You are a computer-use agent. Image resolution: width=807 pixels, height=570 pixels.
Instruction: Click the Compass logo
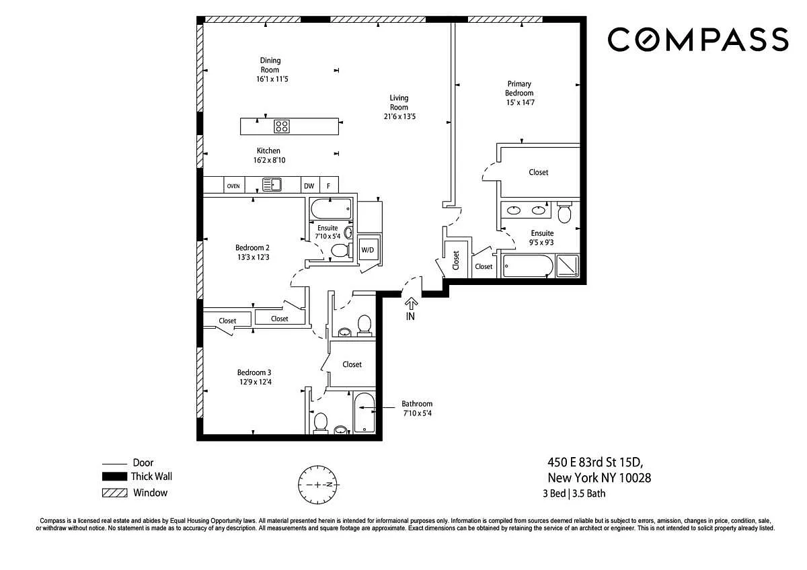[x=698, y=39]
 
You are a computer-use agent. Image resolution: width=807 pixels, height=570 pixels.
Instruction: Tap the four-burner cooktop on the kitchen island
[x=281, y=126]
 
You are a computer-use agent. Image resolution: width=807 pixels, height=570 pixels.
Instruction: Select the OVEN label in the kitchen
[x=233, y=186]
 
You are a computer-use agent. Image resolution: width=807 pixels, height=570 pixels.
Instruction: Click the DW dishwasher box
[x=310, y=186]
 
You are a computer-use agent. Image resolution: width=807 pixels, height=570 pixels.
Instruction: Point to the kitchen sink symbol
[x=272, y=185]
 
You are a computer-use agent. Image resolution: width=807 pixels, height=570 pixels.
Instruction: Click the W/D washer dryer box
[x=368, y=249]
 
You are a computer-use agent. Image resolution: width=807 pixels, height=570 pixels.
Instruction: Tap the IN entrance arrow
[x=411, y=304]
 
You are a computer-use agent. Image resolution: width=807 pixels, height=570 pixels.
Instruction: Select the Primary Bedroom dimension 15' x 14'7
[x=521, y=103]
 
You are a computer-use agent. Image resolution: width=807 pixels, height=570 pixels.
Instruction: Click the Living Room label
[x=399, y=102]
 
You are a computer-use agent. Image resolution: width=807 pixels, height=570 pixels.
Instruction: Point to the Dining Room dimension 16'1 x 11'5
[x=272, y=79]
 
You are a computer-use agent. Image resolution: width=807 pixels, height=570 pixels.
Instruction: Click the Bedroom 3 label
[x=254, y=372]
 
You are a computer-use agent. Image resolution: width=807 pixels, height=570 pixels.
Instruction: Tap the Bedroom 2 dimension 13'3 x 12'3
[x=254, y=257]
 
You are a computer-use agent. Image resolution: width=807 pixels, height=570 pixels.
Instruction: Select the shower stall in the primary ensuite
[x=568, y=266]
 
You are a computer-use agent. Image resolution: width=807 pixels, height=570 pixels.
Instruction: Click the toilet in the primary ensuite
[x=564, y=213]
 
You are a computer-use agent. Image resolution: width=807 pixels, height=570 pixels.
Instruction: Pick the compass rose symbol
[x=317, y=485]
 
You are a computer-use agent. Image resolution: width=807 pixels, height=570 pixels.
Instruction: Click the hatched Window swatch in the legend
[x=114, y=493]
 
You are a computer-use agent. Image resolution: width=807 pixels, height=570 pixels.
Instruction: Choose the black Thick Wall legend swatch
[x=114, y=477]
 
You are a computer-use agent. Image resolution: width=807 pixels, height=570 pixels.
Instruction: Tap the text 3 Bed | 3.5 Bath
[x=574, y=493]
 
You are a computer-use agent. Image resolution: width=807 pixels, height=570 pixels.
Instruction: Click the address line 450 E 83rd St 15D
[x=595, y=462]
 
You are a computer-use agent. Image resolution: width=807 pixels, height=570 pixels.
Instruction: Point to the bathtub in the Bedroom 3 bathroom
[x=364, y=413]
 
